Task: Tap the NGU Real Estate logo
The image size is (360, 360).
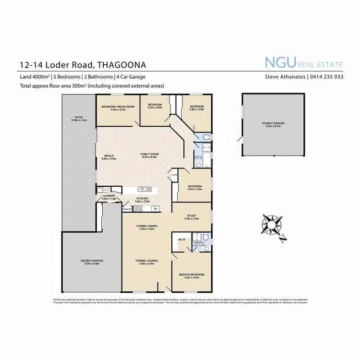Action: point(304,62)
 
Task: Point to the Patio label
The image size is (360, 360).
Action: point(79,117)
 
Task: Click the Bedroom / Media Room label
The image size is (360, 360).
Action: point(118,107)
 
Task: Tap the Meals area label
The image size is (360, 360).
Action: point(108,156)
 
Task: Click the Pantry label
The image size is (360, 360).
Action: point(127,209)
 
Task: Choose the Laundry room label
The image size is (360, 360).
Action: point(109,196)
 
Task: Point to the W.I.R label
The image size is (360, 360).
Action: point(182,239)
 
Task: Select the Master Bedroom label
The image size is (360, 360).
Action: point(192,275)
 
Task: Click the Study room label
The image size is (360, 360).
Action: point(192,216)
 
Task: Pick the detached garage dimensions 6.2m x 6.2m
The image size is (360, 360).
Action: point(273,126)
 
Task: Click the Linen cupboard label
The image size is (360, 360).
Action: point(175,175)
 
